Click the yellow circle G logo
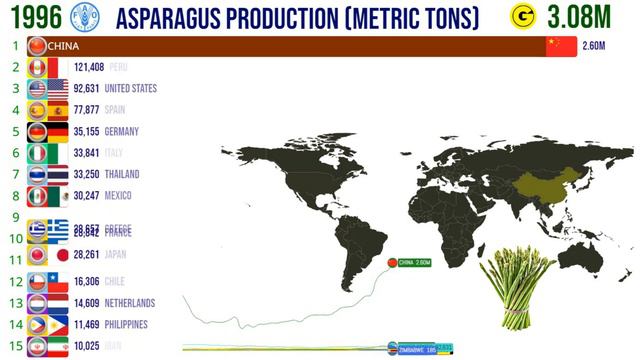click(521, 17)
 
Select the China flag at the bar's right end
click(561, 46)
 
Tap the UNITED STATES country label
click(130, 89)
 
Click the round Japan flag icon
click(36, 255)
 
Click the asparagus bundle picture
click(516, 285)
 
